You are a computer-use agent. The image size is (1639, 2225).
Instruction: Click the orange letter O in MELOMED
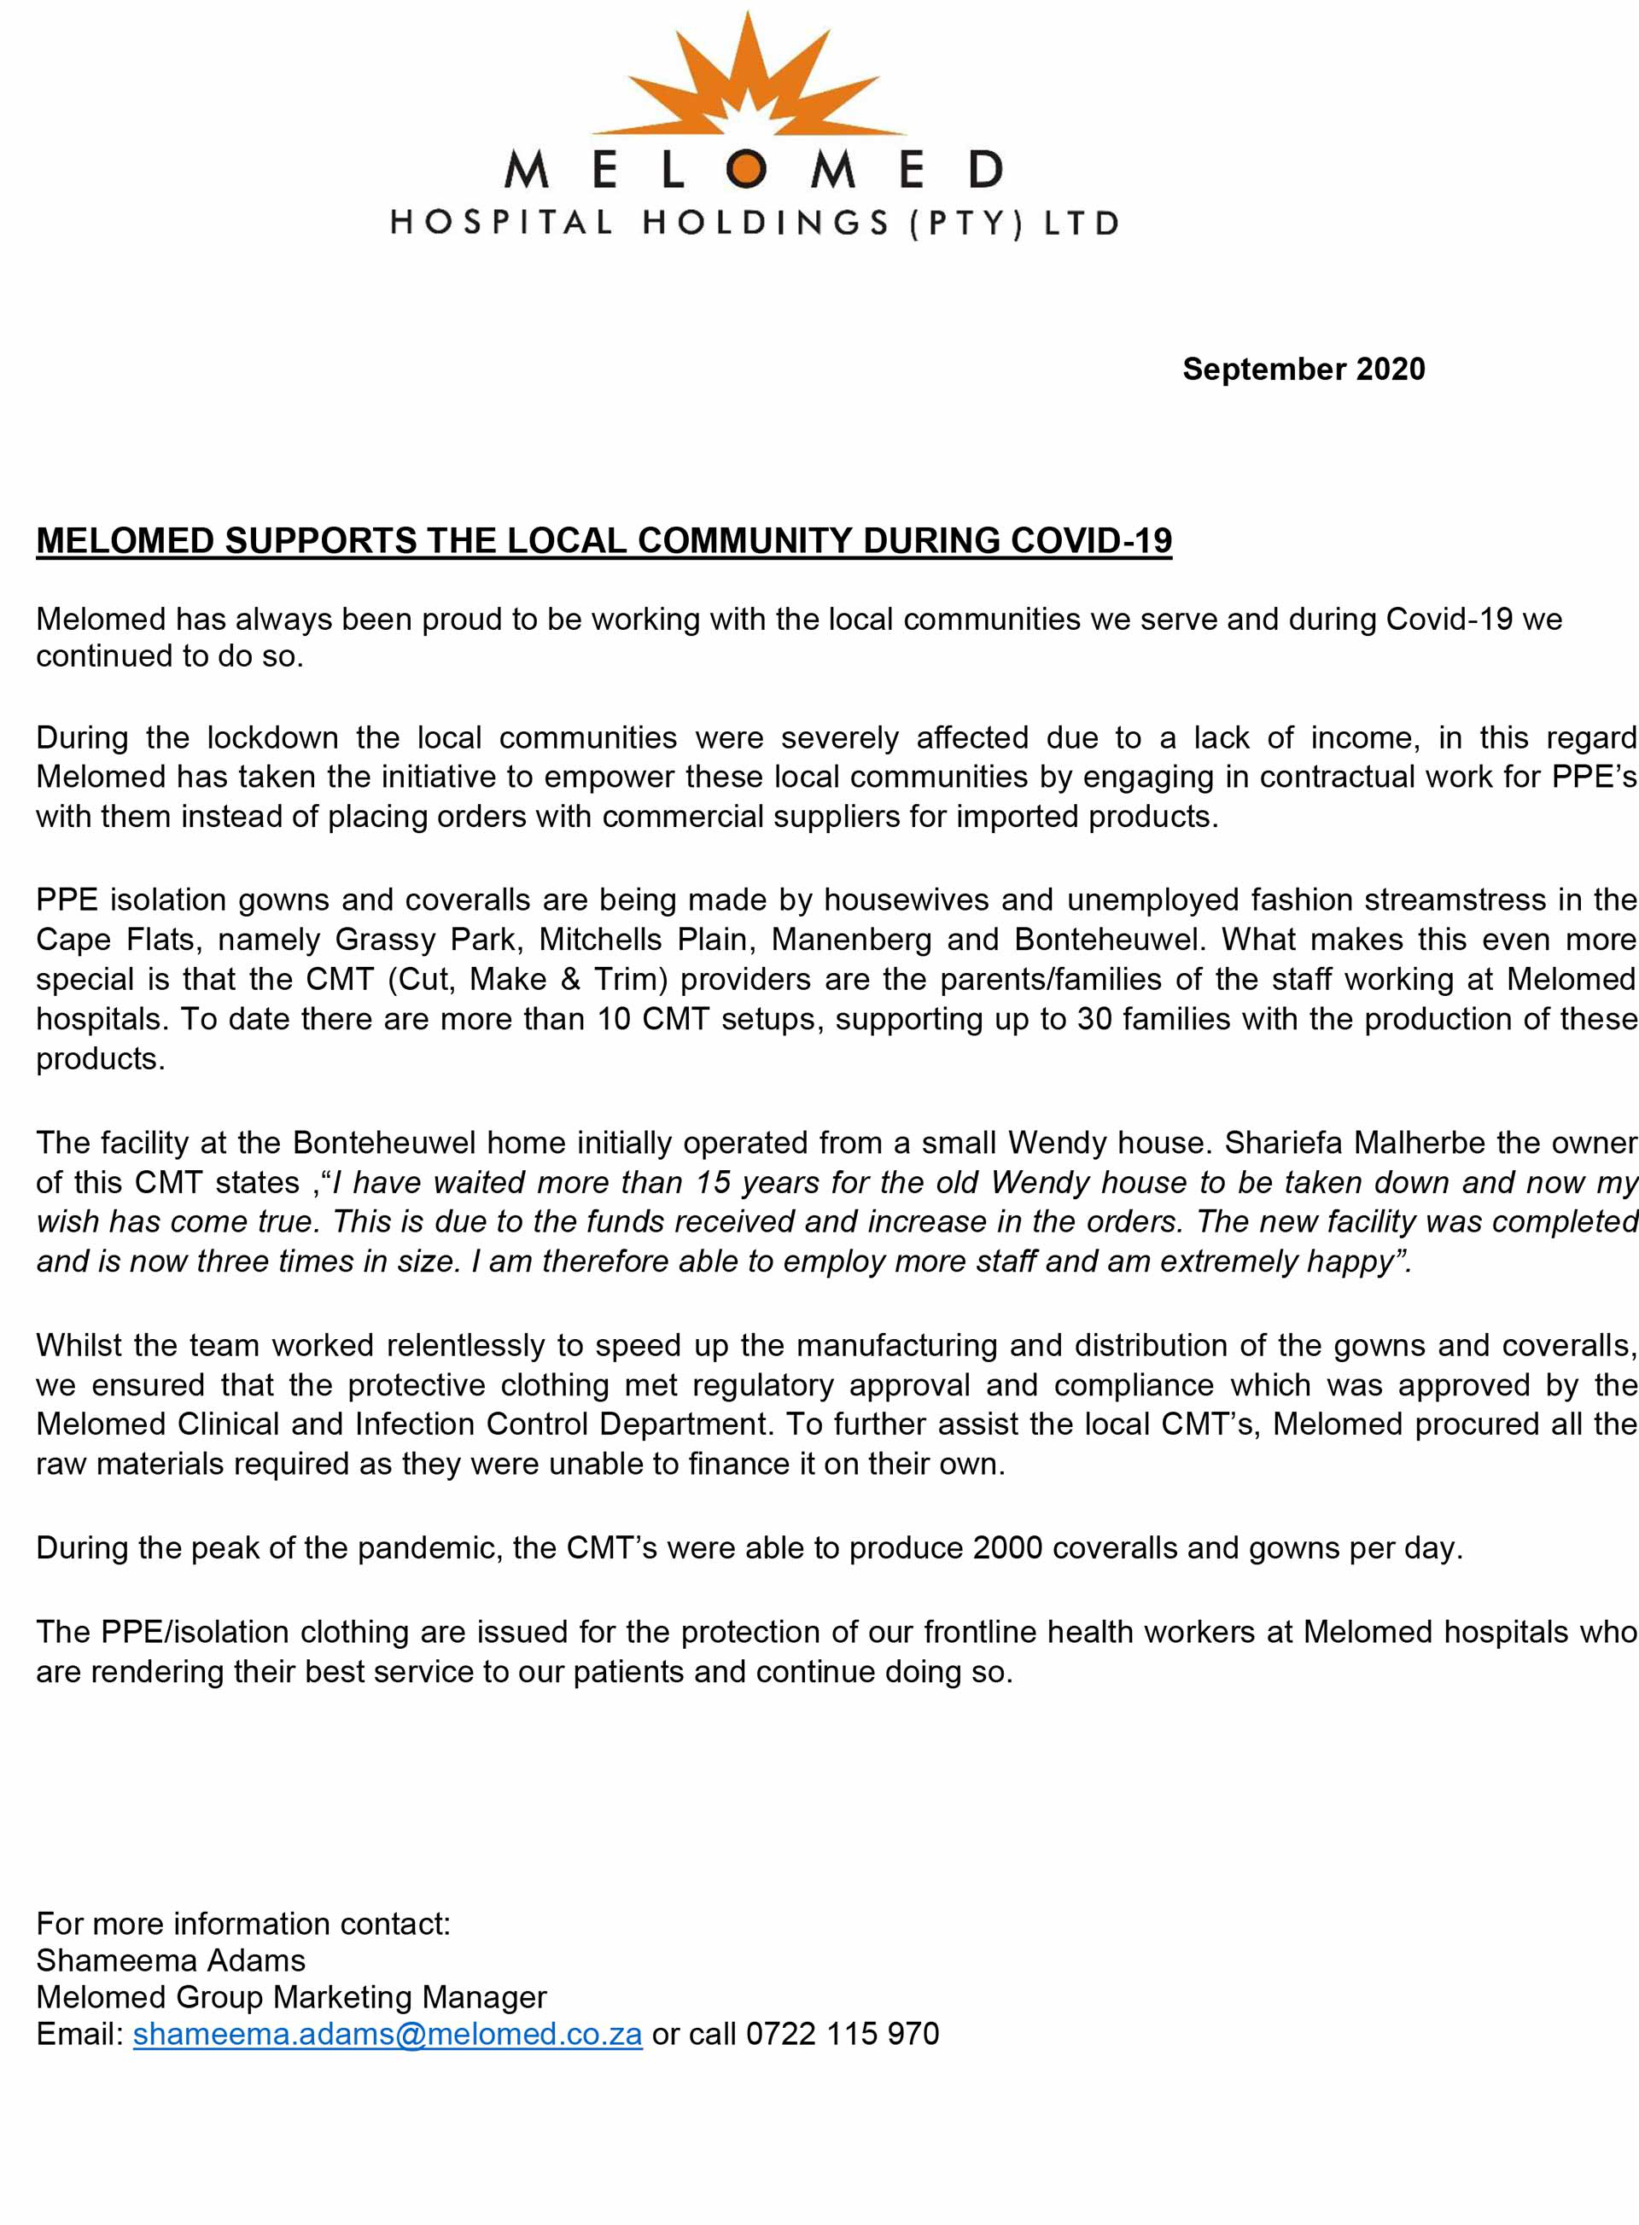point(746,170)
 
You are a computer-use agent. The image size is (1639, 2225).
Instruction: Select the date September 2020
point(1303,369)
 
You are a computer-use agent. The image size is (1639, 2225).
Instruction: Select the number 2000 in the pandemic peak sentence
point(1007,1548)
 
